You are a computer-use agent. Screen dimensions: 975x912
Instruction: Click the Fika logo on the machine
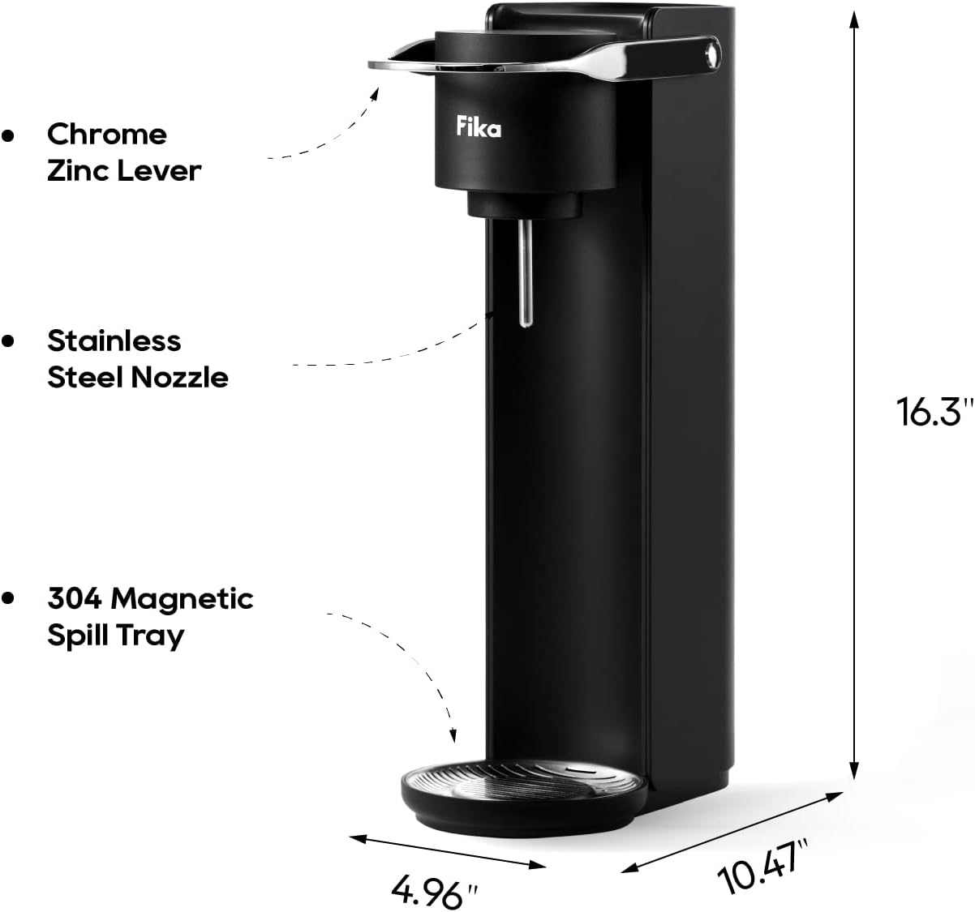[x=479, y=127]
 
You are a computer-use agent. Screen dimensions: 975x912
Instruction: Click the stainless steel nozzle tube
[x=526, y=272]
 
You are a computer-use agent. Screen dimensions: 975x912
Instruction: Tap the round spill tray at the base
[x=524, y=794]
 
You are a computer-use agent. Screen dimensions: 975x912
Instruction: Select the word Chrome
[x=107, y=134]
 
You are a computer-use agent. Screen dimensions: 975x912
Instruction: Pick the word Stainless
[x=114, y=340]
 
